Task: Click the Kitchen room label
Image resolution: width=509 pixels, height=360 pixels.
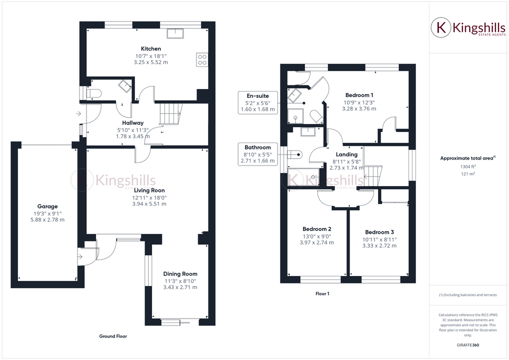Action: point(150,48)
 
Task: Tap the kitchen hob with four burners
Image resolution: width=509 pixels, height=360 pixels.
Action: point(202,59)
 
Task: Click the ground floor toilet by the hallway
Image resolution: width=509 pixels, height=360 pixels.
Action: point(94,93)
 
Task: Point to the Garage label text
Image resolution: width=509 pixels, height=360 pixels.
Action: point(47,206)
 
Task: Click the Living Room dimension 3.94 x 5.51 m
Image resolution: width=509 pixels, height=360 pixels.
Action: point(149,204)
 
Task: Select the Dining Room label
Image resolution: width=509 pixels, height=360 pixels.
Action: point(180,273)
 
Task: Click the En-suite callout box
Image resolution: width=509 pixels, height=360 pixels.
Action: point(258,102)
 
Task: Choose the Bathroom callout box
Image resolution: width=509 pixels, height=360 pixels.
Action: point(258,154)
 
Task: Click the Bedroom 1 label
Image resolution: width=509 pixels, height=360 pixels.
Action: point(359,95)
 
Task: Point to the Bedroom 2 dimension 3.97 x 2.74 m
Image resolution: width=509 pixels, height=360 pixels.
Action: point(316,242)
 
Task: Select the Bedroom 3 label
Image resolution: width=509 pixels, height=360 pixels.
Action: point(379,232)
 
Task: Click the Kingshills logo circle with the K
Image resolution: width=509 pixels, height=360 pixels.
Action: point(441,27)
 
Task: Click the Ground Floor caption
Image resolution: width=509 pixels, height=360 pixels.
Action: point(113,336)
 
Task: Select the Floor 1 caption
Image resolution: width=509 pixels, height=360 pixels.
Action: point(322,294)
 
